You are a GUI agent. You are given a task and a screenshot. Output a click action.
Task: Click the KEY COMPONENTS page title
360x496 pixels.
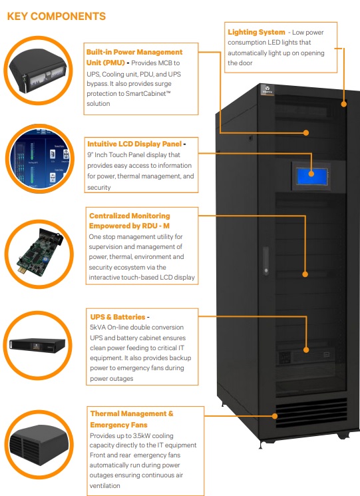56,15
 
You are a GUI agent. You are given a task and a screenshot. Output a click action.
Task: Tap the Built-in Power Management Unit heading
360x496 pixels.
134,57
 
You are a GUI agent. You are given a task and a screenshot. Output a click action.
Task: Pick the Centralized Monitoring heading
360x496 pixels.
130,220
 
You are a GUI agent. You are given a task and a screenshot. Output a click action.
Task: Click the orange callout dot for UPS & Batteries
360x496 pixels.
305,350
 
